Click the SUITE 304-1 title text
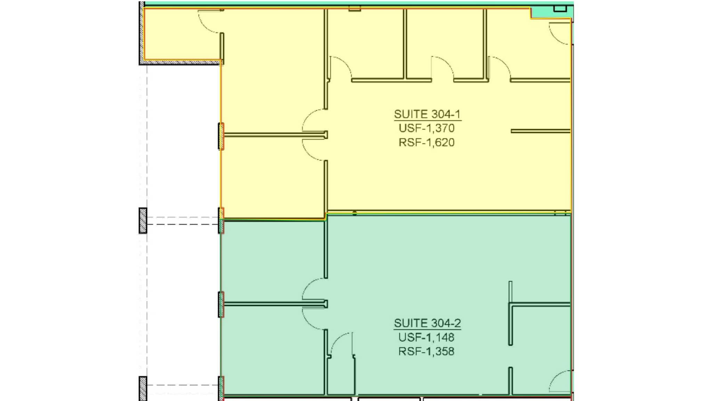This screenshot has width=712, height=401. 427,114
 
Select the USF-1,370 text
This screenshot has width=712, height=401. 427,128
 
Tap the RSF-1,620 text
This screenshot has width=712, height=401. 427,142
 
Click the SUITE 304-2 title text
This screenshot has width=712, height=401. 427,323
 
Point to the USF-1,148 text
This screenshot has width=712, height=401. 426,337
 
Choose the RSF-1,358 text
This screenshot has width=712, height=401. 426,351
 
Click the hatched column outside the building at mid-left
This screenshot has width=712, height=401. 143,220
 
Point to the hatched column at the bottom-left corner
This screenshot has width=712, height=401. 143,388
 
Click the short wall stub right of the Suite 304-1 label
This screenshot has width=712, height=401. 540,131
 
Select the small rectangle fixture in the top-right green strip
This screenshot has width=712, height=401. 560,8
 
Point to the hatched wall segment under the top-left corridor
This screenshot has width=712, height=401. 181,63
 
